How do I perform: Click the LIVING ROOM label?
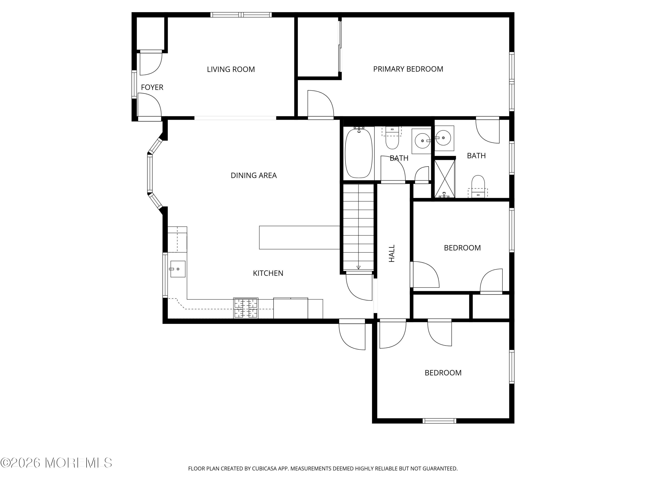pyautogui.click(x=231, y=69)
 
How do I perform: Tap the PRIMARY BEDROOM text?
pyautogui.click(x=408, y=69)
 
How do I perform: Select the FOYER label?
pyautogui.click(x=152, y=87)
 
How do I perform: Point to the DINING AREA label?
pyautogui.click(x=253, y=175)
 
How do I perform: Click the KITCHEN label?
pyautogui.click(x=268, y=273)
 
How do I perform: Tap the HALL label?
pyautogui.click(x=392, y=253)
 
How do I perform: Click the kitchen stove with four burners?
pyautogui.click(x=246, y=308)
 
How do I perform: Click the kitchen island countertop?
pyautogui.click(x=299, y=237)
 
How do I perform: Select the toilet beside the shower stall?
pyautogui.click(x=478, y=186)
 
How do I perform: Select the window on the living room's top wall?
pyautogui.click(x=241, y=15)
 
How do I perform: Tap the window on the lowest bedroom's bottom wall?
pyautogui.click(x=439, y=421)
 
